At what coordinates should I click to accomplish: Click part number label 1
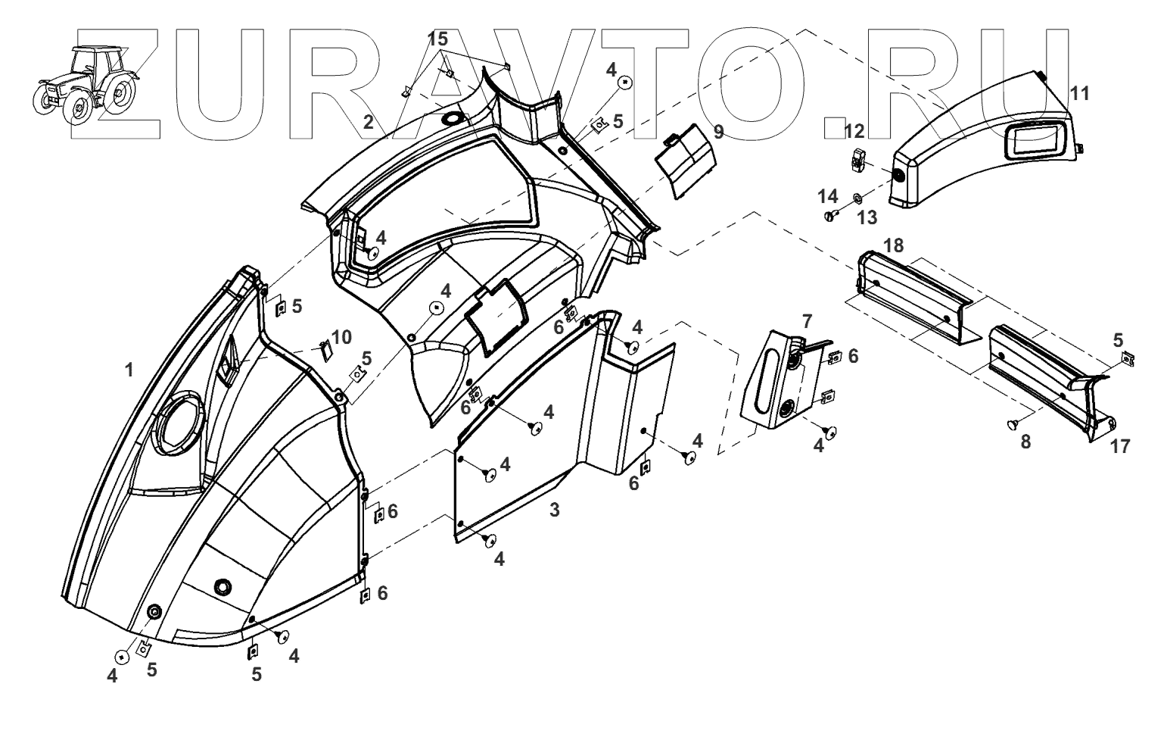click(x=129, y=370)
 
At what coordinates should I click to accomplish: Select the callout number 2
click(x=368, y=122)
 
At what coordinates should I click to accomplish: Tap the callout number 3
click(x=555, y=510)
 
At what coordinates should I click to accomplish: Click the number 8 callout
click(x=1025, y=442)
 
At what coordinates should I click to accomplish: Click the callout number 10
click(x=341, y=337)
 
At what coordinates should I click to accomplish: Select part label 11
click(x=1080, y=93)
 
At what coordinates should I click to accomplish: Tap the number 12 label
click(x=854, y=131)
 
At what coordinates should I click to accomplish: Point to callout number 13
click(x=867, y=217)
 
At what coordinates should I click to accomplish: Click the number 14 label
click(x=827, y=197)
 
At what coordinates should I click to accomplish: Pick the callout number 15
click(x=437, y=38)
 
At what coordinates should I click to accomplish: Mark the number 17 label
click(x=1119, y=447)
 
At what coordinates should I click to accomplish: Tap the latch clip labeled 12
click(x=857, y=160)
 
